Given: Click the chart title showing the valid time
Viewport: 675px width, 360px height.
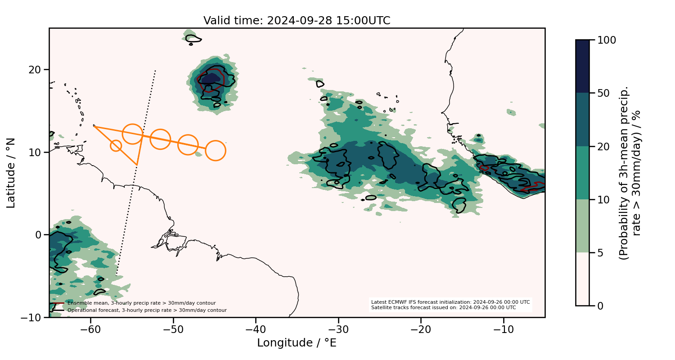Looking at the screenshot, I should [x=297, y=21].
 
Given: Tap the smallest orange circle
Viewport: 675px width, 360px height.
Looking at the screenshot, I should [x=116, y=145].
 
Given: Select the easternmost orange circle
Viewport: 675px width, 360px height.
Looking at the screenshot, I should [x=216, y=150].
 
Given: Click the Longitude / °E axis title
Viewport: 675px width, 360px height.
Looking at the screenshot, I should [x=297, y=343].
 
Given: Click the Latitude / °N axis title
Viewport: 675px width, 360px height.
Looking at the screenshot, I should [x=11, y=173].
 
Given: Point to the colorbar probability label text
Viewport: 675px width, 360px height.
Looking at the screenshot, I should [x=630, y=173].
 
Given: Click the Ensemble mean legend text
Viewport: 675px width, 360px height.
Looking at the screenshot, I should [x=141, y=303].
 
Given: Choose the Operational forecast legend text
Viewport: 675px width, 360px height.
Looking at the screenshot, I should [x=147, y=310].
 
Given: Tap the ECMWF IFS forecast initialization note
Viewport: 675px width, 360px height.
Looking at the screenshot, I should [x=450, y=302].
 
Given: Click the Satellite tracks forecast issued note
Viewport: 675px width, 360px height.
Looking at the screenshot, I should [x=443, y=308].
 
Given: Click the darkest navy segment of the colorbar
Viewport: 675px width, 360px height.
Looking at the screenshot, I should [x=582, y=66].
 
